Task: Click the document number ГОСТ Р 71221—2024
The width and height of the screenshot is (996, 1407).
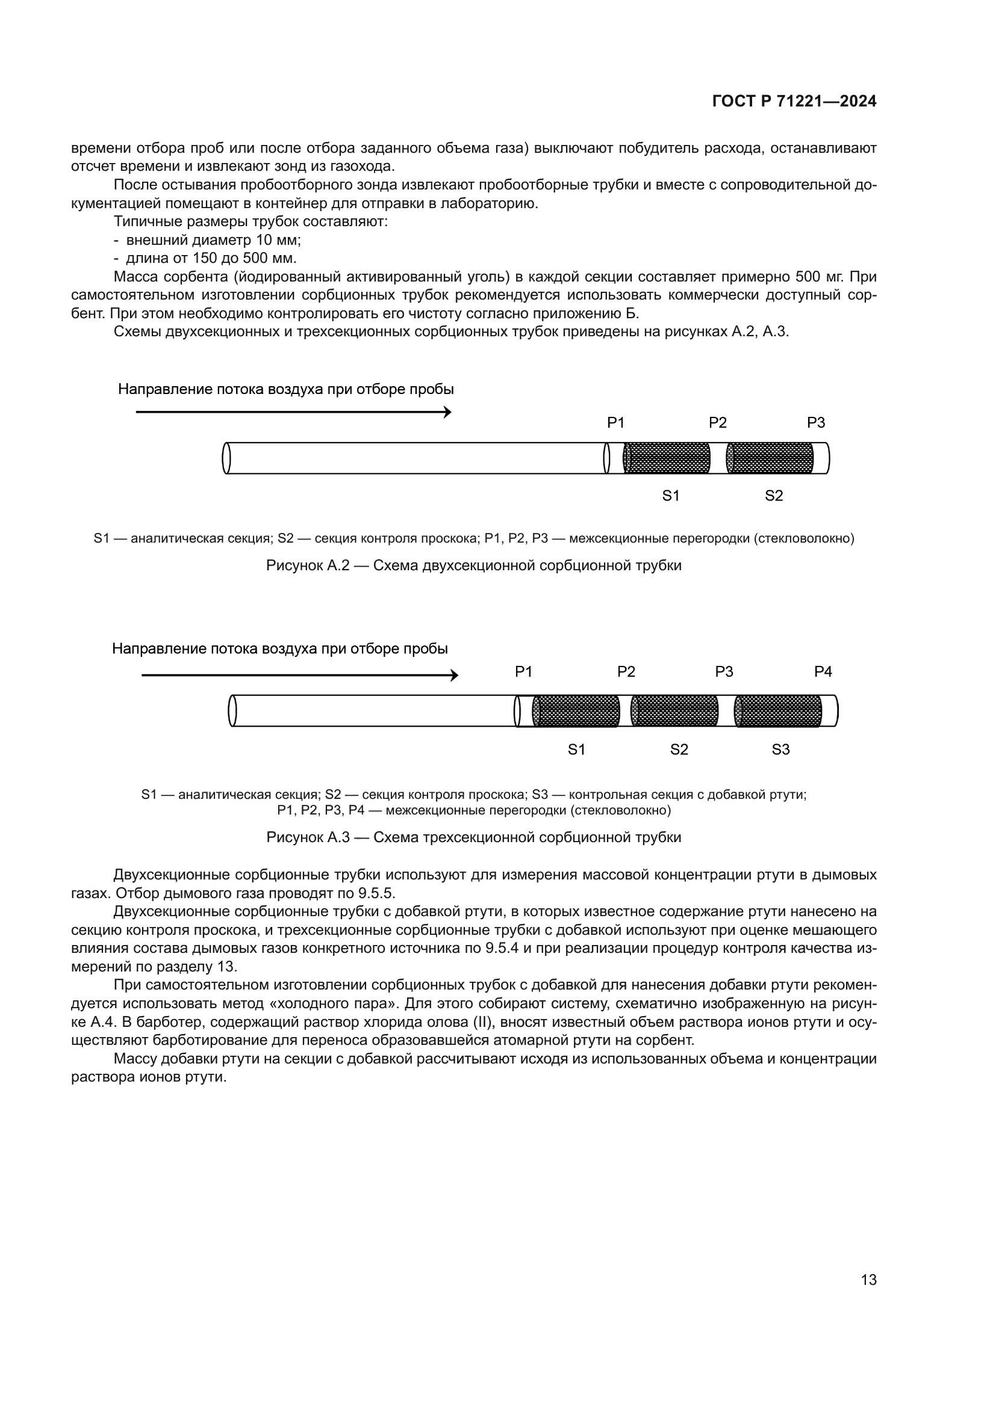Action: (794, 101)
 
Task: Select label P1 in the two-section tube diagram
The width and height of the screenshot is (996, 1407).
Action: (615, 423)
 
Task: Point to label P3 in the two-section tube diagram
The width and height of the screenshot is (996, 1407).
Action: (816, 423)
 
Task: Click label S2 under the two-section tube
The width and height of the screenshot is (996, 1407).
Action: (773, 496)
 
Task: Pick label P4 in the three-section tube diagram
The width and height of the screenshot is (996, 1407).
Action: (823, 673)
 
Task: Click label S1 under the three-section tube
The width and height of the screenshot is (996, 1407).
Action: (576, 750)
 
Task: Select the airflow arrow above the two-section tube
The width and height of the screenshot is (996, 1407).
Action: (293, 413)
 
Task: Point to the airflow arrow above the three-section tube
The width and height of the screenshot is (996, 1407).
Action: (299, 676)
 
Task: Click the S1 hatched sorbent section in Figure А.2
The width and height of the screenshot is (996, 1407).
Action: (667, 458)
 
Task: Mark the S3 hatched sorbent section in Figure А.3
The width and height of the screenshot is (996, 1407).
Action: (778, 711)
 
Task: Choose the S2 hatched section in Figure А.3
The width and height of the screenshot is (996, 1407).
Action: (674, 711)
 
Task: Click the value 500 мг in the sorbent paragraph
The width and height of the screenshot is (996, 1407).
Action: (820, 277)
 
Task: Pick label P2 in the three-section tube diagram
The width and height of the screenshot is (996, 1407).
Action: (626, 673)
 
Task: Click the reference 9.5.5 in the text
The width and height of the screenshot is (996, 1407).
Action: (376, 893)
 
